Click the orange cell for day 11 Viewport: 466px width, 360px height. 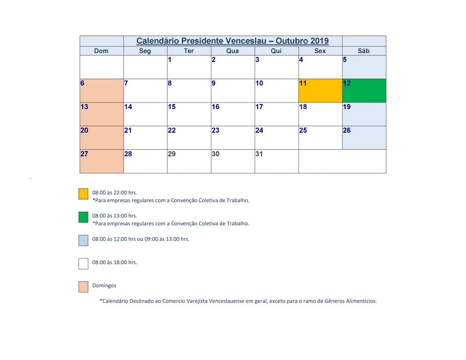pos(320,91)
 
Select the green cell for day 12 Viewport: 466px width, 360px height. pos(364,91)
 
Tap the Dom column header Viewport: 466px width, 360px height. pos(101,51)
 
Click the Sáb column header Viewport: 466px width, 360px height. pos(364,51)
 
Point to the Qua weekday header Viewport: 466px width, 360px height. pos(233,51)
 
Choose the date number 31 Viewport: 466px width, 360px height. pos(259,154)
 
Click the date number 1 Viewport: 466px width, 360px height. pos(170,60)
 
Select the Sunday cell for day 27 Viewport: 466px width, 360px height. pos(101,161)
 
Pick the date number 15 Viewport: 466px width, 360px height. pos(172,107)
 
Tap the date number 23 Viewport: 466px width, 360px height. pos(215,131)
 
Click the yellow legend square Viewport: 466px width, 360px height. pos(83,194)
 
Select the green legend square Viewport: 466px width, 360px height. pos(83,218)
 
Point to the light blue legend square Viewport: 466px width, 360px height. pos(83,241)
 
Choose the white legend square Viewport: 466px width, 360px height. pos(83,264)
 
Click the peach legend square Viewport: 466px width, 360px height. pos(83,287)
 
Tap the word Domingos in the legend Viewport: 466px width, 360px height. pos(104,286)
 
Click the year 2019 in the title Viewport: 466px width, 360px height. pos(319,41)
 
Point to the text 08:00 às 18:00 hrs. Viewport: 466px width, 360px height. pos(115,263)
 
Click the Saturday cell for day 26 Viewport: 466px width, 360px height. pos(364,137)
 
